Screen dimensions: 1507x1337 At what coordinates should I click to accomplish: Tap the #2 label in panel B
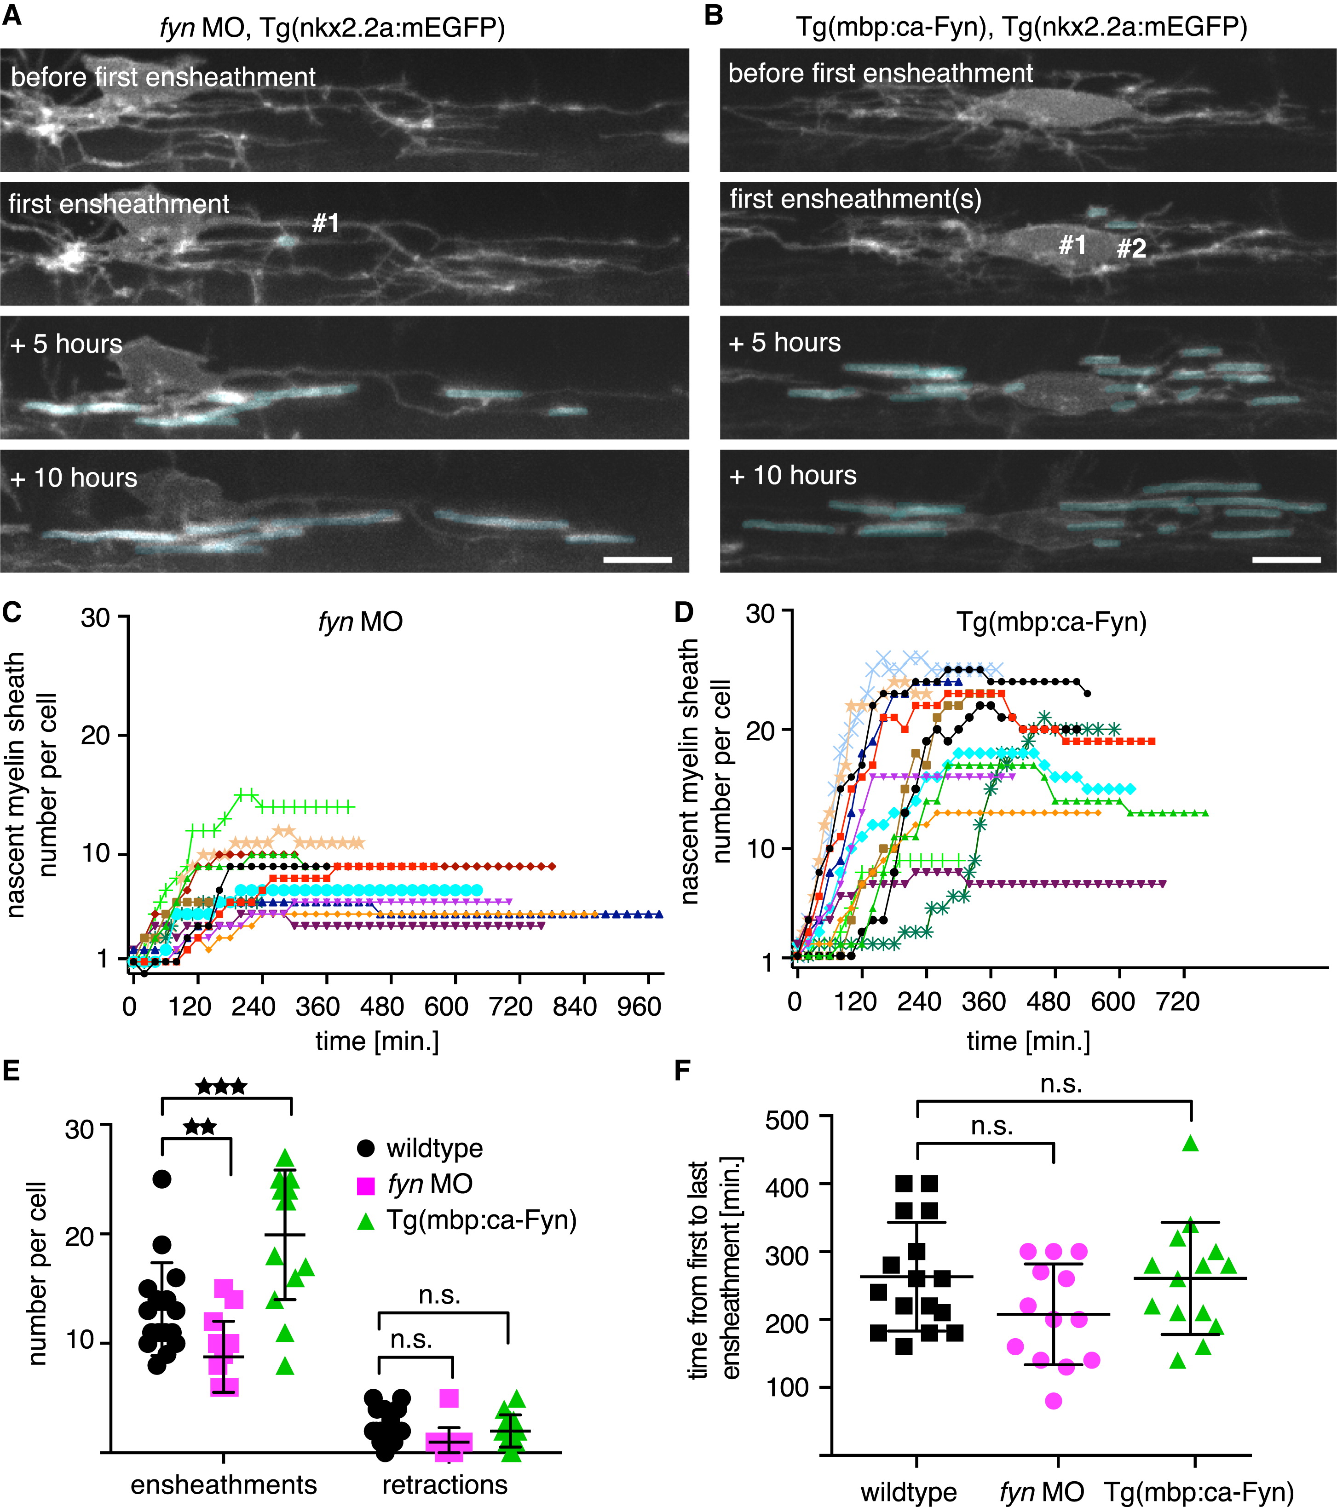pyautogui.click(x=1130, y=248)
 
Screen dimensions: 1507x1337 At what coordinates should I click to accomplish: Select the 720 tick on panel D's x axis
pyautogui.click(x=1178, y=1001)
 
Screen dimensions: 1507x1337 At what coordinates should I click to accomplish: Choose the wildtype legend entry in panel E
pyautogui.click(x=434, y=1148)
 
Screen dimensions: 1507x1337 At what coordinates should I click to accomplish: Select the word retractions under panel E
pyautogui.click(x=445, y=1484)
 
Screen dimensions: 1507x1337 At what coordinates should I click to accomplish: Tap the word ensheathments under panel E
pyautogui.click(x=224, y=1484)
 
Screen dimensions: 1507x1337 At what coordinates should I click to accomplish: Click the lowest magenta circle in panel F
pyautogui.click(x=1053, y=1401)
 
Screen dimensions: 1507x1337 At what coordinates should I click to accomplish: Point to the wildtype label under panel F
pyautogui.click(x=909, y=1492)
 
